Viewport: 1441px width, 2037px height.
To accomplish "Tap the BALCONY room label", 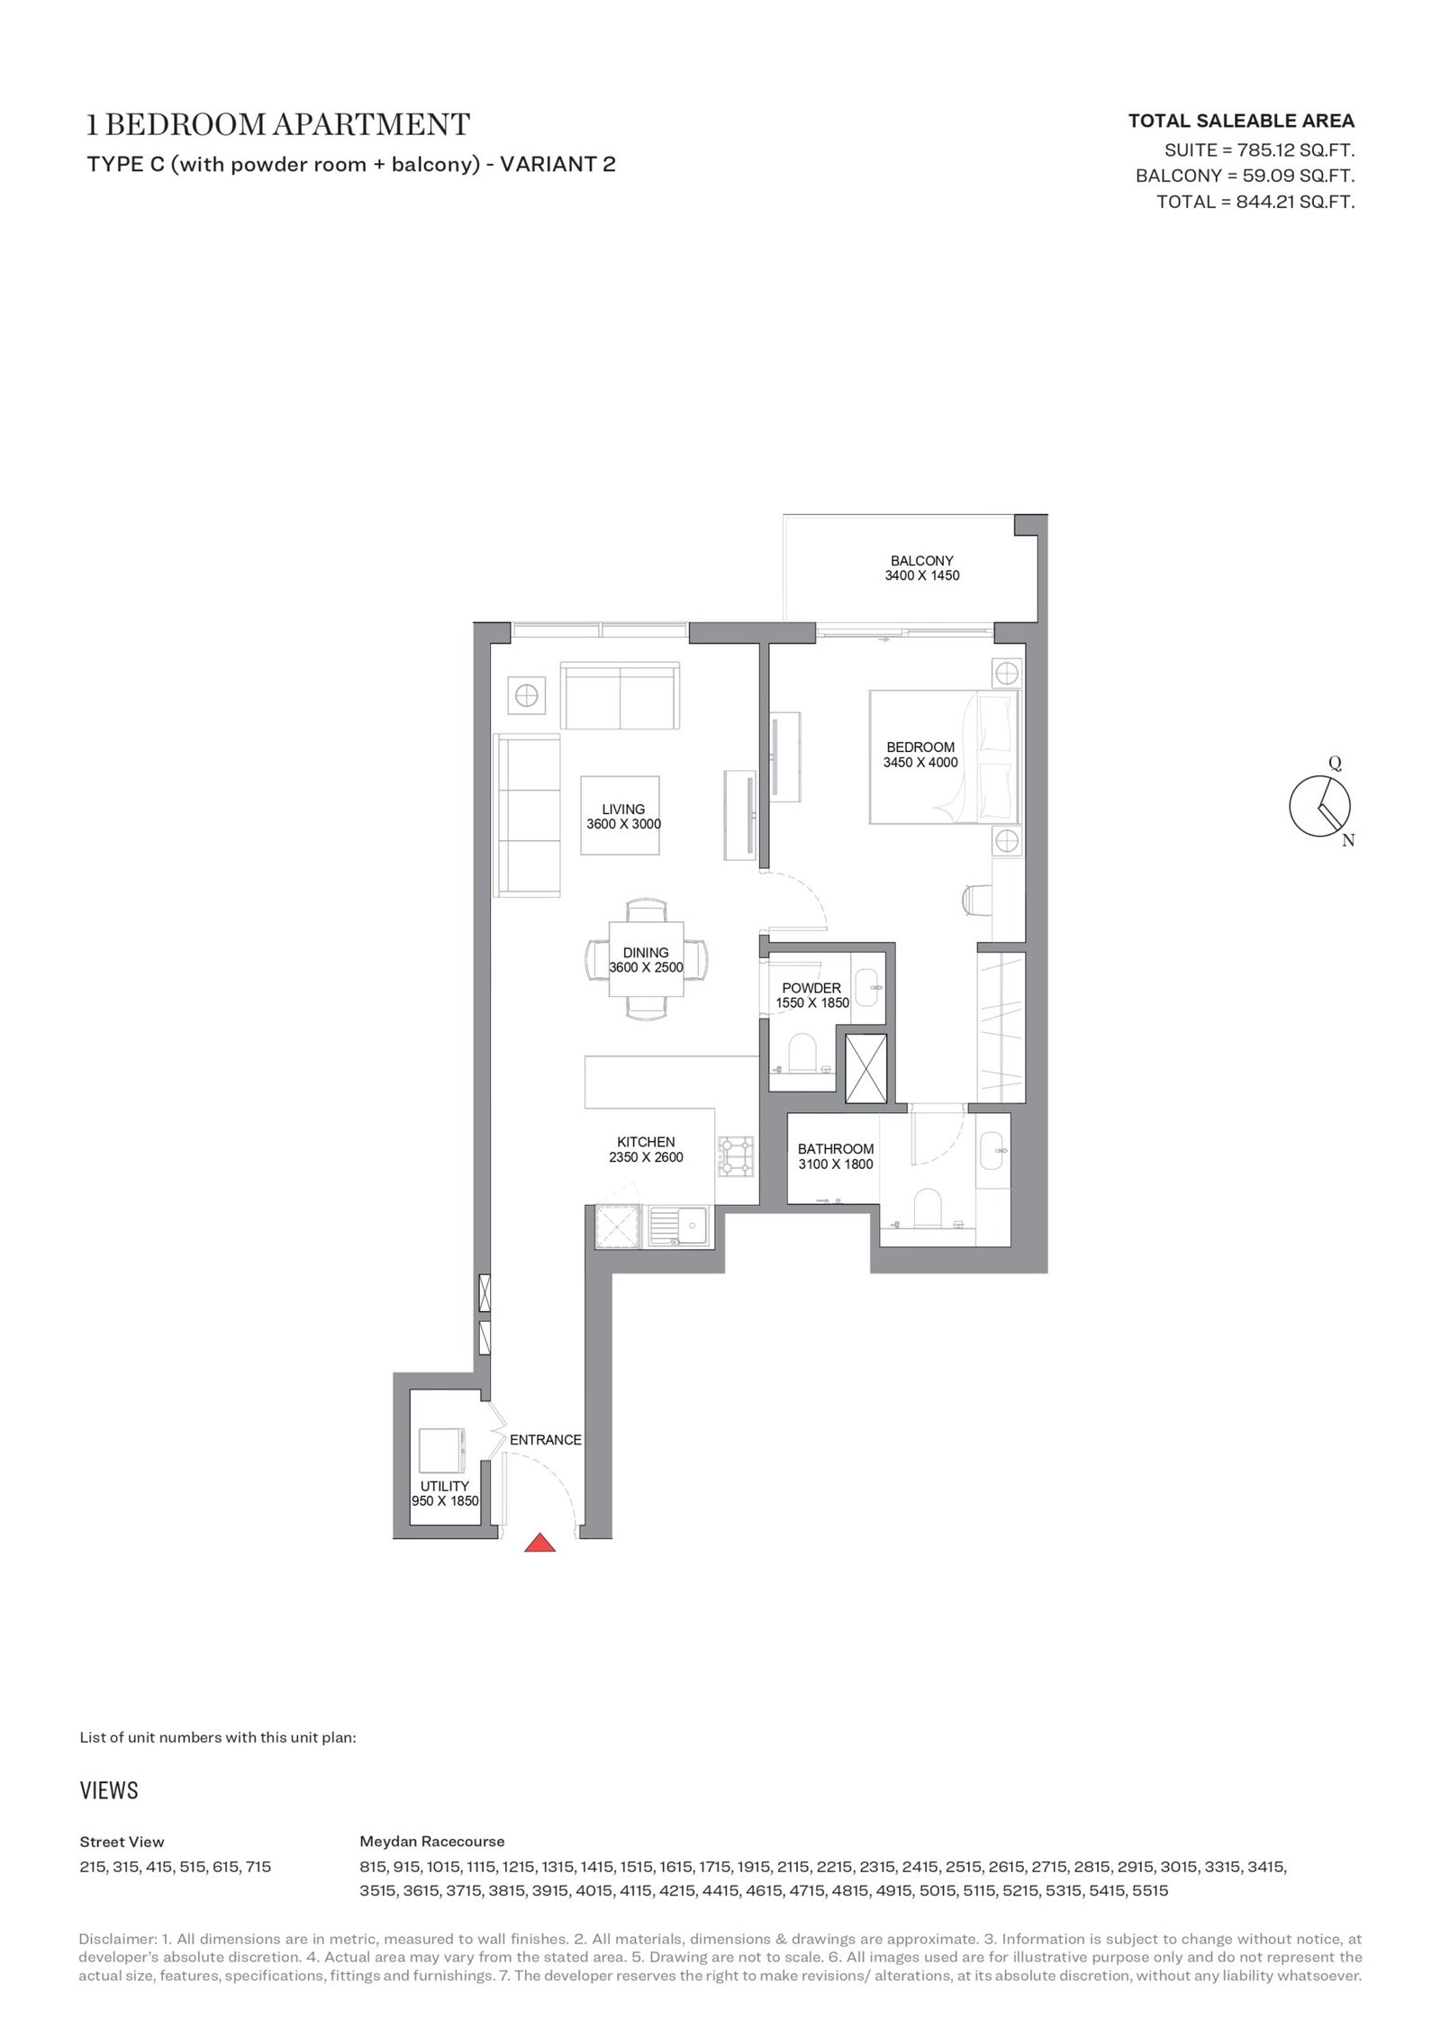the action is pyautogui.click(x=921, y=560).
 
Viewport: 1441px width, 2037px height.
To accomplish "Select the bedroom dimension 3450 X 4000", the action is pyautogui.click(x=920, y=762).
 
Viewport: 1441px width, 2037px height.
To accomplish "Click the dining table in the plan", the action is pyautogui.click(x=646, y=959).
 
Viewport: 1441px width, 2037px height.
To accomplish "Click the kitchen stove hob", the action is pyautogui.click(x=734, y=1156).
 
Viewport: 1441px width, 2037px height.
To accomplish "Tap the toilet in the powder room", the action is pyautogui.click(x=801, y=1051).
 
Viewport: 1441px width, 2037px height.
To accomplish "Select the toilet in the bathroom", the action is pyautogui.click(x=927, y=1206).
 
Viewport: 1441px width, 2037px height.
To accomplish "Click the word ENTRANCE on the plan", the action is pyautogui.click(x=546, y=1439).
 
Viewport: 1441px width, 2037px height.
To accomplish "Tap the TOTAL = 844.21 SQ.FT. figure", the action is pyautogui.click(x=1255, y=202).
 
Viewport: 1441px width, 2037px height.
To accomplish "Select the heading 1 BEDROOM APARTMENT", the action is pyautogui.click(x=278, y=124).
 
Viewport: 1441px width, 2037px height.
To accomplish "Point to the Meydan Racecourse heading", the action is pyautogui.click(x=431, y=1841).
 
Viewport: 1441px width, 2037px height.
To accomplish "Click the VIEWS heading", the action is pyautogui.click(x=109, y=1789).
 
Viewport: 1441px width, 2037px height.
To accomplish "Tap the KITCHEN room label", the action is pyautogui.click(x=646, y=1142).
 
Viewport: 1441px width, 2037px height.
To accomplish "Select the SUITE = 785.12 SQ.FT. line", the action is pyautogui.click(x=1260, y=149).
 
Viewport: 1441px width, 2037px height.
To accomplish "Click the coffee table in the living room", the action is pyautogui.click(x=620, y=815).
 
